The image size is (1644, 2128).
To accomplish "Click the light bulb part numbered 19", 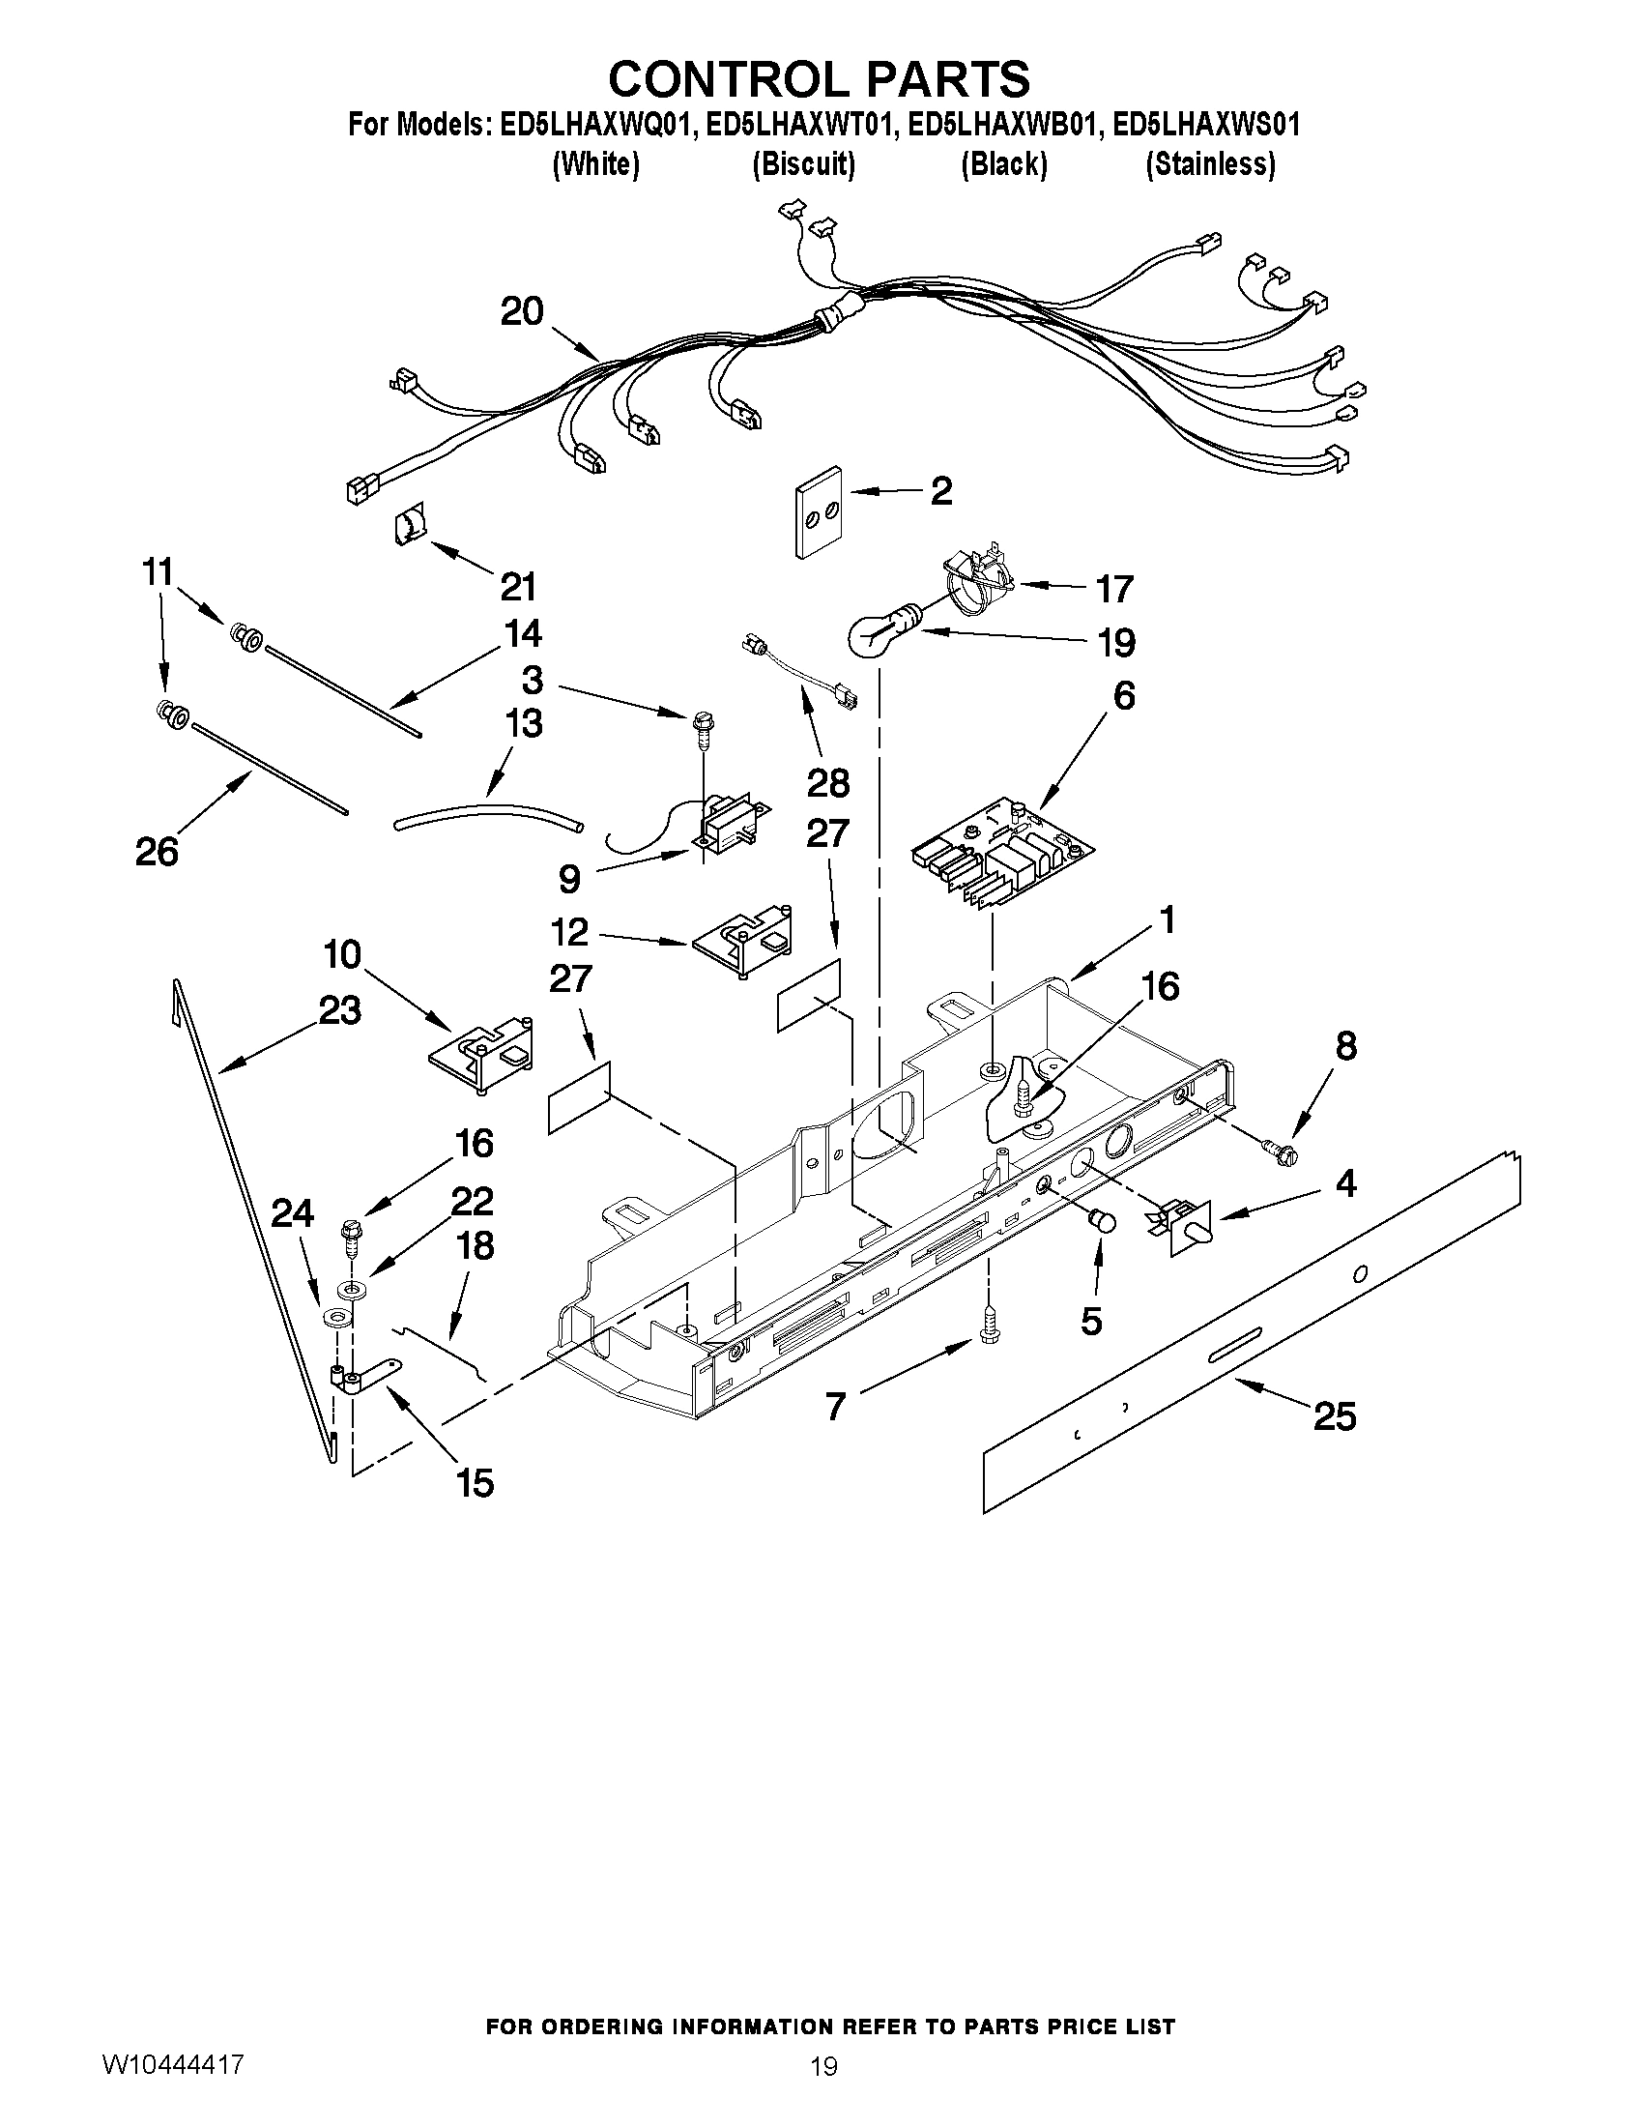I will point(879,633).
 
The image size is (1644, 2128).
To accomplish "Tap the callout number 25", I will point(1335,1416).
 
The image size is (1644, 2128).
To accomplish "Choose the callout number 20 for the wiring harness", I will point(522,312).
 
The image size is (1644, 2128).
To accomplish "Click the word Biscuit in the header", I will point(803,164).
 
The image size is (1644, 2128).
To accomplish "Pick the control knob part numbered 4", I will point(1190,1230).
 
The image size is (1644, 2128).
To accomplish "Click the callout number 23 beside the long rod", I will point(339,1010).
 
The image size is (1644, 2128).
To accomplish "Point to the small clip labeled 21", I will point(409,527).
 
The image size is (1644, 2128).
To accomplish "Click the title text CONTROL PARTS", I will point(819,78).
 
